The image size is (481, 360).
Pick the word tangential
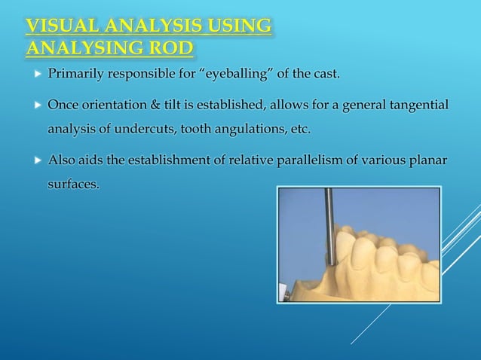tap(418, 103)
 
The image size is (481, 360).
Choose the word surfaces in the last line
tap(73, 184)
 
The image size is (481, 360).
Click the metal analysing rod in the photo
tap(329, 218)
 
